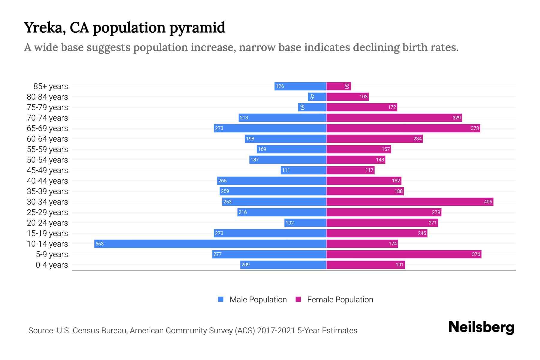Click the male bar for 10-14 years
pos(210,244)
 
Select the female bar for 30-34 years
pos(409,202)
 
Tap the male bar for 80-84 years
pos(317,97)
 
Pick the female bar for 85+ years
pos(338,86)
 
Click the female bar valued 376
pos(403,254)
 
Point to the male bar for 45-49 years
pos(304,170)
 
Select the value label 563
pos(99,244)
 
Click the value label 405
pos(488,202)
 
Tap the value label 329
pos(456,118)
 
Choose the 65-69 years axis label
pos(47,128)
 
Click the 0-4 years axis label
pos(52,265)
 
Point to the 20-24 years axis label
pos(47,223)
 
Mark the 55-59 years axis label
pos(47,149)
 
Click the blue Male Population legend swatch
pos(221,299)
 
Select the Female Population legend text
pos(340,300)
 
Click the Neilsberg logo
pos(481,327)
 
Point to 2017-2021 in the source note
pos(276,331)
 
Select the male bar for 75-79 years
pos(312,107)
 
